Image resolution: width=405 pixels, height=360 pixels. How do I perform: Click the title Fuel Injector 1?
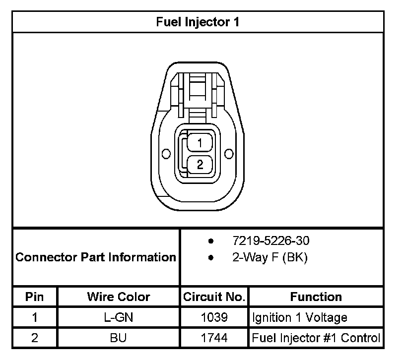tap(198, 22)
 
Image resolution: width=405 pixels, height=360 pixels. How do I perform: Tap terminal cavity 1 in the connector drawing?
tap(200, 142)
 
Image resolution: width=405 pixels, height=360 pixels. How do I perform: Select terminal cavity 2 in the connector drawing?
tap(200, 165)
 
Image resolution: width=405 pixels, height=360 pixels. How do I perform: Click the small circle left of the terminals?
tap(166, 154)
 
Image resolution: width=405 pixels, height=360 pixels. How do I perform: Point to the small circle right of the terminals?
tap(229, 154)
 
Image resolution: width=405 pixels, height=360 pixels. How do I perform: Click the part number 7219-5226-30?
tap(270, 240)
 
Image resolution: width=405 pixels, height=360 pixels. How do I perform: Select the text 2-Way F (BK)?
tap(270, 257)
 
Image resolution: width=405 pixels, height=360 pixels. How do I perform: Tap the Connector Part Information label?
tap(96, 257)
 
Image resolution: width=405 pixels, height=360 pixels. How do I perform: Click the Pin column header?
tap(34, 297)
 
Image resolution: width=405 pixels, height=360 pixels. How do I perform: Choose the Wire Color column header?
tap(119, 297)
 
